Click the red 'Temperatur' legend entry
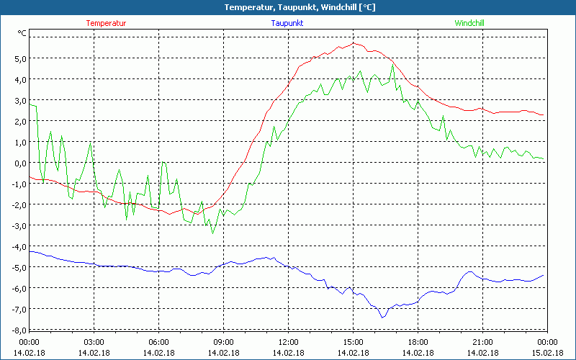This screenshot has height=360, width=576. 106,23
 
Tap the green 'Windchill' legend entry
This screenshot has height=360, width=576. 469,23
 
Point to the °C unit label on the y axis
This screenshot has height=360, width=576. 22,33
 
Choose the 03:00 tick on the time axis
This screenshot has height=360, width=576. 94,342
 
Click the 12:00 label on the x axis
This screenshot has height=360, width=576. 288,342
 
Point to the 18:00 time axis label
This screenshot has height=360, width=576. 418,342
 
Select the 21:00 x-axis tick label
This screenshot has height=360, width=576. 482,342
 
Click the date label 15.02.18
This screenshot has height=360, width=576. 547,352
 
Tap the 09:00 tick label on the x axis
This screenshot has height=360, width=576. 223,342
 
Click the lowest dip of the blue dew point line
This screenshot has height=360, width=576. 383,317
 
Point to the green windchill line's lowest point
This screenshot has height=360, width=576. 212,233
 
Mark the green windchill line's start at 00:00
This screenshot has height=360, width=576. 30,105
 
